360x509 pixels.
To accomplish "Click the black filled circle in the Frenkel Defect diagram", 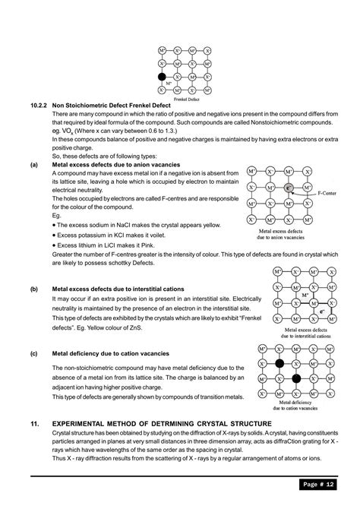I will pos(162,77).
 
